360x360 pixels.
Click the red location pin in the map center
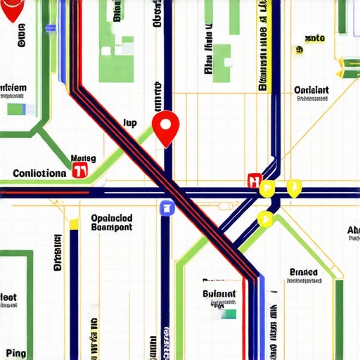tap(166, 127)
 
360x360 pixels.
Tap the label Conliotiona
tap(40, 172)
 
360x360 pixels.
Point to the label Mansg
tap(83, 159)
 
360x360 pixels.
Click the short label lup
tap(129, 122)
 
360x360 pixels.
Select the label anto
tap(314, 39)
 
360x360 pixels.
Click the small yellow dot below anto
tap(299, 51)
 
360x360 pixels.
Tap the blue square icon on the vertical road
tap(167, 207)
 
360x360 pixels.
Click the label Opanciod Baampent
tap(111, 222)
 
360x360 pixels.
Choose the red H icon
tap(255, 181)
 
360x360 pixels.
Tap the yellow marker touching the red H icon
tap(267, 188)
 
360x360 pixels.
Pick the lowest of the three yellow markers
tap(265, 218)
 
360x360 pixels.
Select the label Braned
tap(303, 273)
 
